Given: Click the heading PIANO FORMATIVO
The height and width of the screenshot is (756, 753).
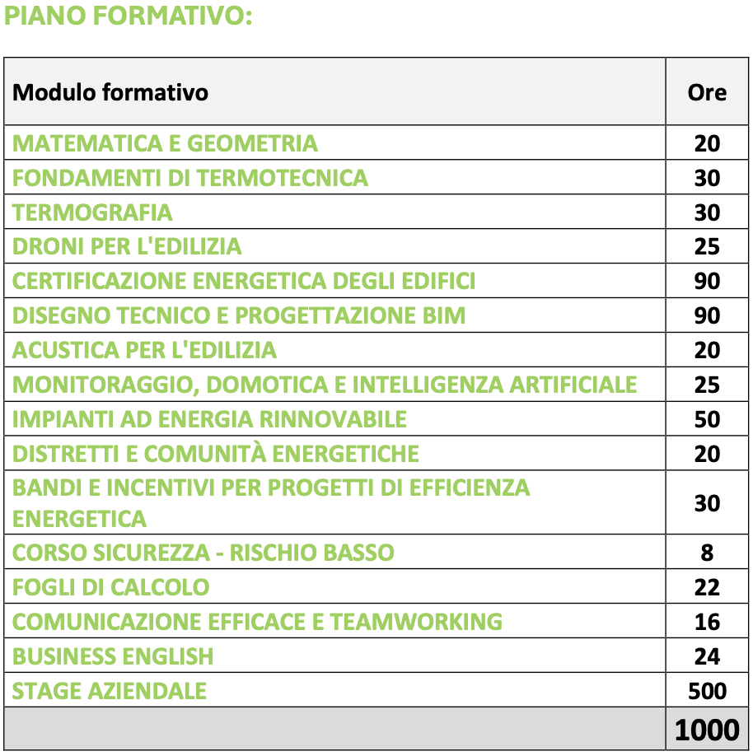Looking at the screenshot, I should pos(128,17).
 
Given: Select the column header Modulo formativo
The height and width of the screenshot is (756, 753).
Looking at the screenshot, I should pos(110,91).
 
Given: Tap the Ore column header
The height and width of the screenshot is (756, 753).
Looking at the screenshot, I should pos(707,91).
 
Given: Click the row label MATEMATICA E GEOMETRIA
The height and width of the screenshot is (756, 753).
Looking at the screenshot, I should pos(165,143).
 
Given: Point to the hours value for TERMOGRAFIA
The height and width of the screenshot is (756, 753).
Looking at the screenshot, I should pos(707,212).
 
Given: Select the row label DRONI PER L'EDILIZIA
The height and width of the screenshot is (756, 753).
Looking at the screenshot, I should pos(127,246).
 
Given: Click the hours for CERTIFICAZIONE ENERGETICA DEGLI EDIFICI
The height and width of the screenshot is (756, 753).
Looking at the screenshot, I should pos(707,282).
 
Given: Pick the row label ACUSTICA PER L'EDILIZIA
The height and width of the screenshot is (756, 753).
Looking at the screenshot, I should pos(144,351).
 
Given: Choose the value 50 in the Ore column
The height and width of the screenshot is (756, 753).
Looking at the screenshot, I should pos(707,419).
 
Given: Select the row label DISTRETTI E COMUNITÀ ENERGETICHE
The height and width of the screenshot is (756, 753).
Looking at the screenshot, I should pos(216,454).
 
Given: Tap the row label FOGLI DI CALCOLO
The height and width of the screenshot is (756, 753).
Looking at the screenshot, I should pos(111,587).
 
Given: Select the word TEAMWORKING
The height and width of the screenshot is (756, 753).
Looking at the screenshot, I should pos(416,622).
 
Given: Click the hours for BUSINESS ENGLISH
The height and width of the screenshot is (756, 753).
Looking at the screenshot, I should pos(707,656).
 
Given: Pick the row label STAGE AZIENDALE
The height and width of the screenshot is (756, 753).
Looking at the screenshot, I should pos(110,690).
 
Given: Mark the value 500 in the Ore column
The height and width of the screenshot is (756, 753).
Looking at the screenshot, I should pos(707,690).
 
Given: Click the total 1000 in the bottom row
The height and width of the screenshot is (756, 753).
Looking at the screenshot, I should pos(707,730).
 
